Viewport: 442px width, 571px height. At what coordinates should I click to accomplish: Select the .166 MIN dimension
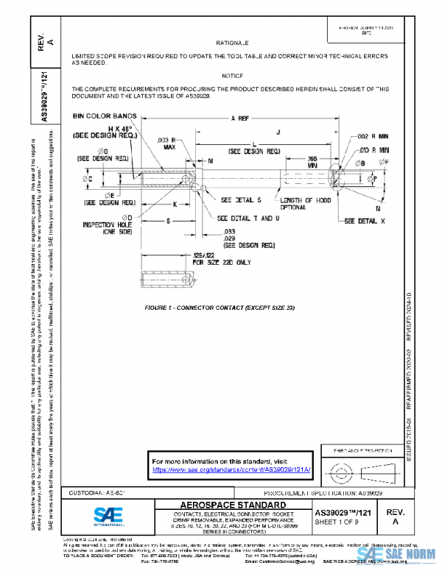(312, 161)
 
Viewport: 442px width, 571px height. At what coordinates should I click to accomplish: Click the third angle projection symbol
(356, 469)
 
